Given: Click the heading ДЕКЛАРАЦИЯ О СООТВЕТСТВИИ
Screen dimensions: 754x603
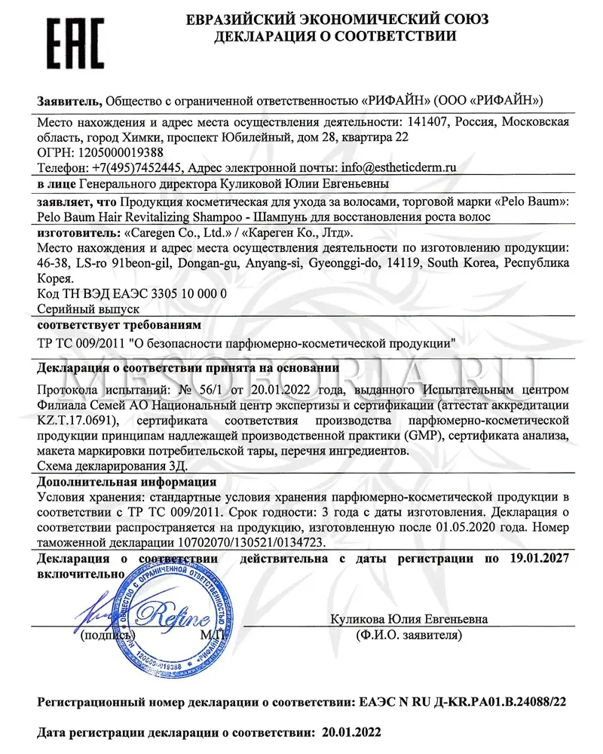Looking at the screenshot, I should tap(335, 36).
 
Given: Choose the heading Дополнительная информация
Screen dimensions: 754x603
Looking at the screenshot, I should tap(127, 482).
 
